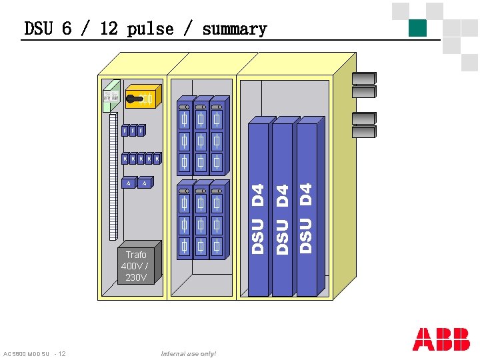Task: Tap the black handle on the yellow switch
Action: click(x=136, y=99)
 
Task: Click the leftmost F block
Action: click(x=125, y=131)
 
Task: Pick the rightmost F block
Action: click(x=141, y=131)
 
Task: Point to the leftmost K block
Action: click(x=125, y=159)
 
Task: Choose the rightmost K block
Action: click(x=157, y=159)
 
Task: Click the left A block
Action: click(x=129, y=183)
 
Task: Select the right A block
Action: click(x=145, y=183)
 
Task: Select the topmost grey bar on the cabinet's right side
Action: click(x=365, y=77)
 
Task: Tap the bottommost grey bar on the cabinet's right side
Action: click(x=365, y=131)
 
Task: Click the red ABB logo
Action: click(x=441, y=339)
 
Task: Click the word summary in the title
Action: click(x=234, y=29)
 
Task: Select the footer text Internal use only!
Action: click(x=189, y=353)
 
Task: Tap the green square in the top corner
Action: click(x=417, y=28)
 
